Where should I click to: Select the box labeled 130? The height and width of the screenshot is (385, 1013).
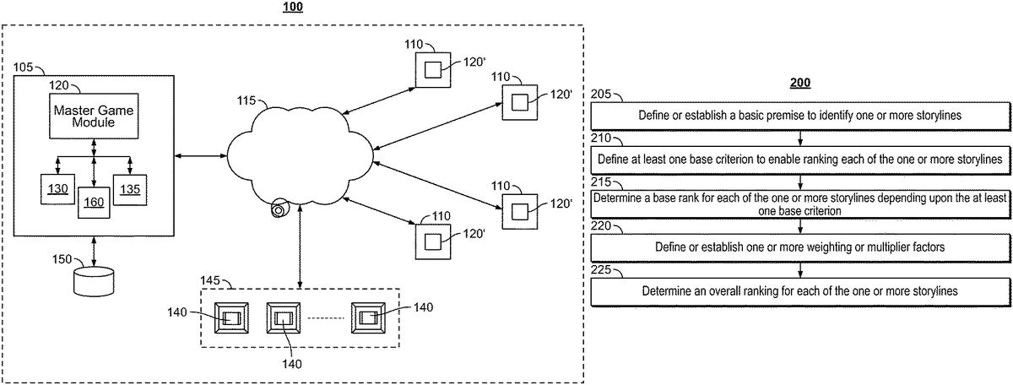(57, 188)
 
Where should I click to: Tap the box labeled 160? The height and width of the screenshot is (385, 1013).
(95, 202)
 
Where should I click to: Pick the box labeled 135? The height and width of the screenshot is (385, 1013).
(131, 188)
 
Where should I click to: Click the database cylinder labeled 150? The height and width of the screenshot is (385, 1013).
(94, 280)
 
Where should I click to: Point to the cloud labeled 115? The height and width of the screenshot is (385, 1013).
(299, 153)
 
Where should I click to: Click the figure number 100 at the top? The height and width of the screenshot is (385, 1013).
(292, 7)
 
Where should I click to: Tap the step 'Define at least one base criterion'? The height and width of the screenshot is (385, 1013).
(799, 158)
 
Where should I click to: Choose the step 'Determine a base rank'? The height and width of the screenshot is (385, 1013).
(799, 203)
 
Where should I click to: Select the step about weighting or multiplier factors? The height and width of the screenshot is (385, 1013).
(799, 247)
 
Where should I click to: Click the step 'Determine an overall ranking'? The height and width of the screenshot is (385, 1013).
(799, 291)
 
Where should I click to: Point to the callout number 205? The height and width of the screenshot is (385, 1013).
(601, 95)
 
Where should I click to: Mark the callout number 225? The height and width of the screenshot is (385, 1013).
(601, 272)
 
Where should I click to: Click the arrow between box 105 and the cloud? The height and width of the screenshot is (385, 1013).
(199, 155)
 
